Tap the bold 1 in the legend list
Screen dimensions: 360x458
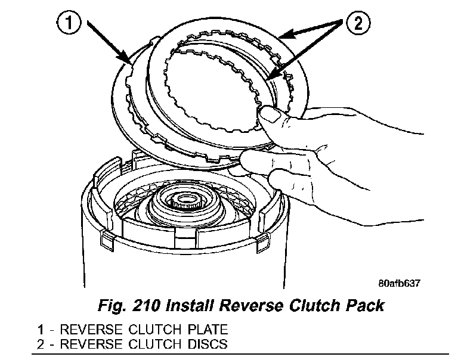coord(39,330)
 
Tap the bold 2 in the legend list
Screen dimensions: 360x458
coord(39,344)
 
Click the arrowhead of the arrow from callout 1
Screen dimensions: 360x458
coord(129,61)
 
